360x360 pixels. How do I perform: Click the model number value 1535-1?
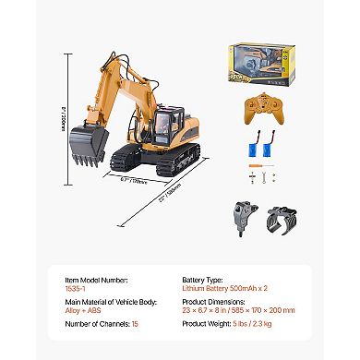tap(78, 287)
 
